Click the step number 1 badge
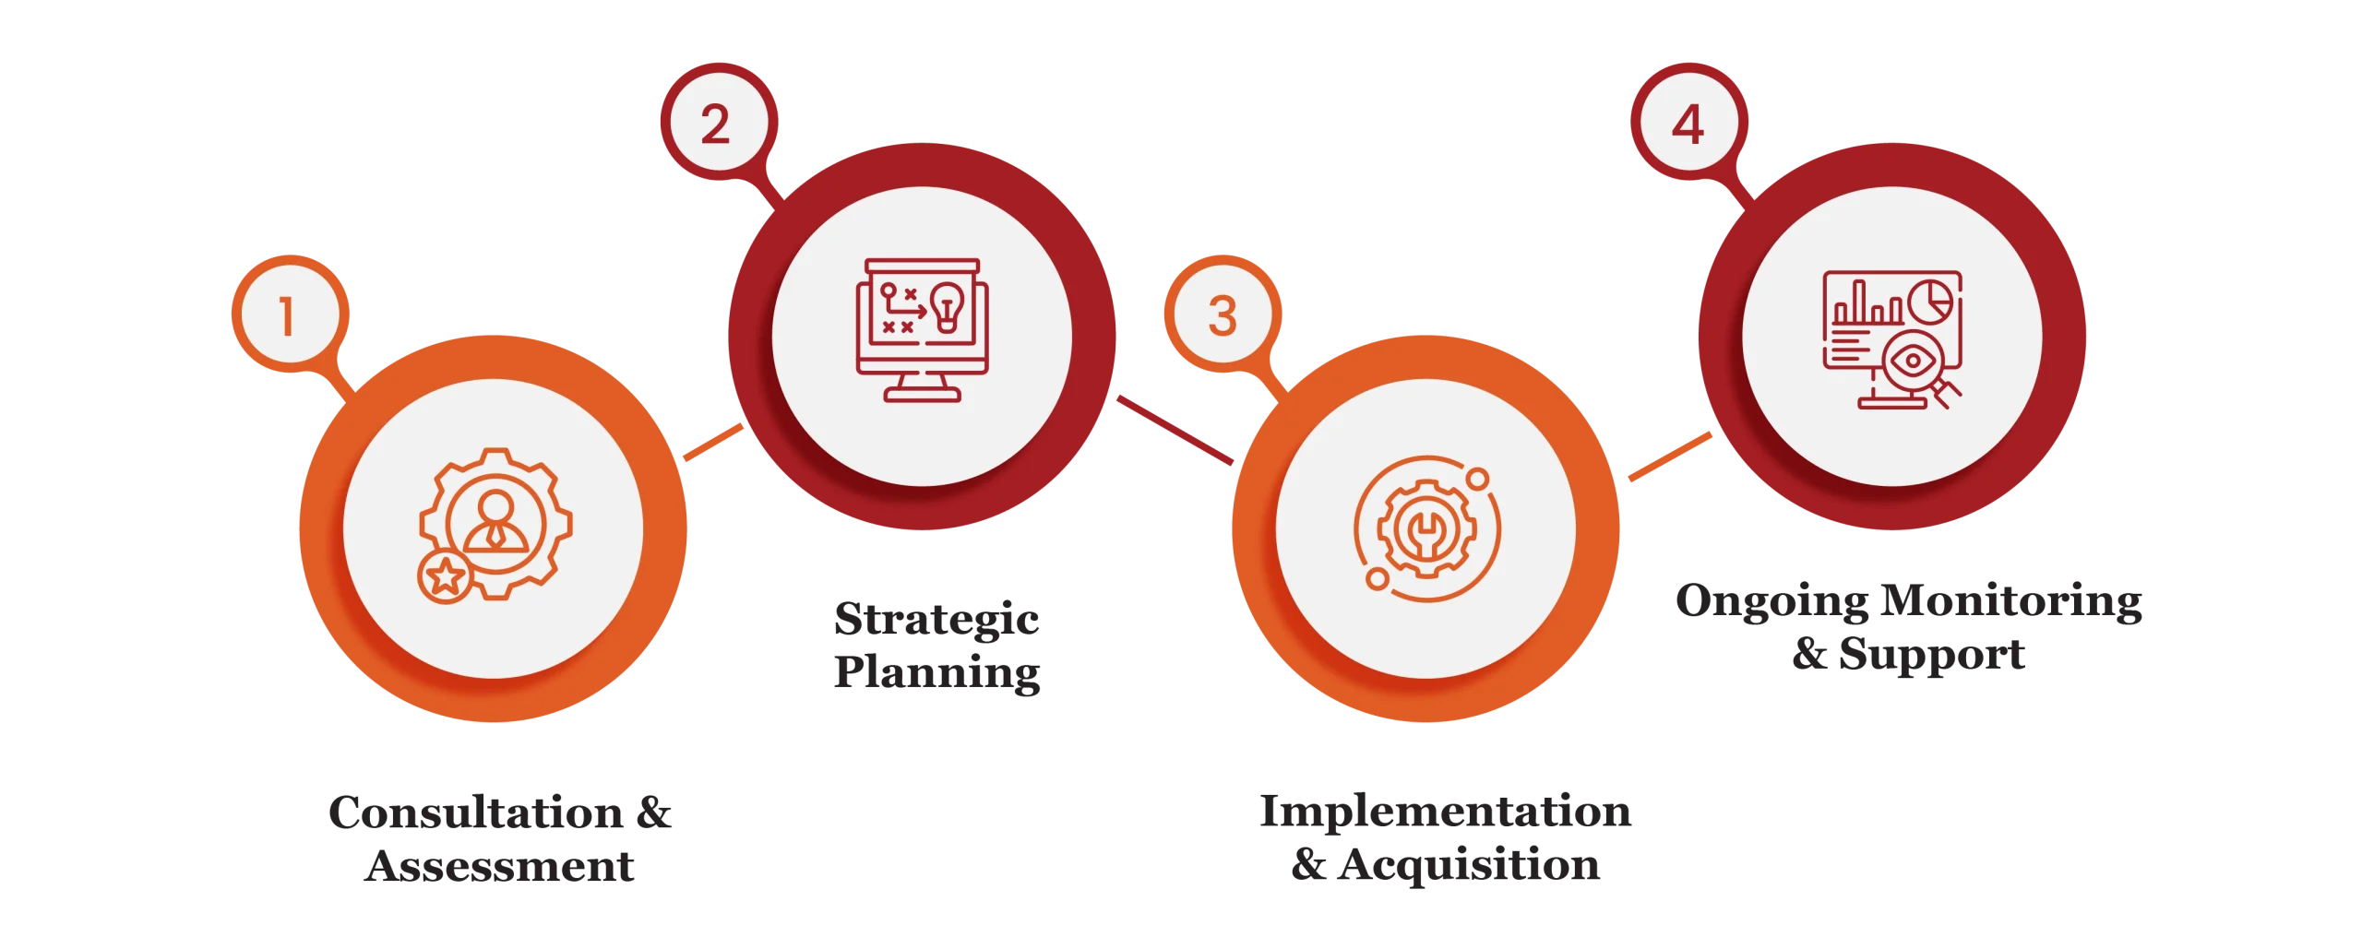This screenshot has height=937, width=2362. pyautogui.click(x=290, y=314)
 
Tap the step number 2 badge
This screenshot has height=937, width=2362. pyautogui.click(x=718, y=122)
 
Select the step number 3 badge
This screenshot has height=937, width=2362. pyautogui.click(x=1223, y=314)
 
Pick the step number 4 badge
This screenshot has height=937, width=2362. pyautogui.click(x=1688, y=122)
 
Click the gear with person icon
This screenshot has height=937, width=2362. pyautogui.click(x=495, y=526)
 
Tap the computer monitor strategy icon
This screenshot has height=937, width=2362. pyautogui.click(x=922, y=330)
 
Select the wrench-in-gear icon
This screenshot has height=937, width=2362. pyautogui.click(x=1426, y=528)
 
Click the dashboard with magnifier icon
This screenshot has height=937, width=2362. pyautogui.click(x=1892, y=339)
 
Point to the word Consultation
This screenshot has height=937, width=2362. pyautogui.click(x=476, y=812)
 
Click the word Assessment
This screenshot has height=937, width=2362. pyautogui.click(x=499, y=866)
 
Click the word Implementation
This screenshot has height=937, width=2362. pyautogui.click(x=1446, y=811)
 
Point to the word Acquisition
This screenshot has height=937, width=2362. pyautogui.click(x=1469, y=865)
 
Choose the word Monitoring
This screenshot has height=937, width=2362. pyautogui.click(x=2011, y=601)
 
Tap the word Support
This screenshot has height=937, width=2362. pyautogui.click(x=1931, y=654)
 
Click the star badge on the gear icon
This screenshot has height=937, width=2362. pyautogui.click(x=446, y=577)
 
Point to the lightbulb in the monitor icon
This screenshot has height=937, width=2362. pyautogui.click(x=947, y=307)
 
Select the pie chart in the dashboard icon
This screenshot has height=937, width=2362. pyautogui.click(x=1931, y=302)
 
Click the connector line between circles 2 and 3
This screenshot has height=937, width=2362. pyautogui.click(x=1175, y=430)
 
